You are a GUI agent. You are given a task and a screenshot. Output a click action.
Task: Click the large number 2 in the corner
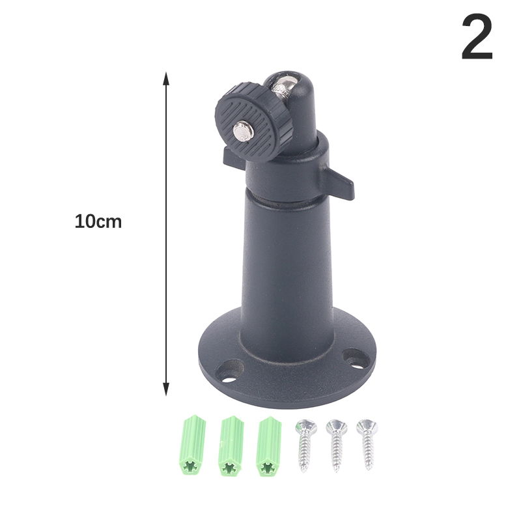477,36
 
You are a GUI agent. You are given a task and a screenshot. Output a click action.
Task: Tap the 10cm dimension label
98,221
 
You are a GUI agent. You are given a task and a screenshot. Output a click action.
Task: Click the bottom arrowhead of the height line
166,389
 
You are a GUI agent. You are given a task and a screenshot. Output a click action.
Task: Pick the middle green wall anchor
231,446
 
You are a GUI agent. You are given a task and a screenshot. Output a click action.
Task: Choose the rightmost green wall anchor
269,446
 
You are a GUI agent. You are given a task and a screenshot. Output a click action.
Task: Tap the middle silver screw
337,445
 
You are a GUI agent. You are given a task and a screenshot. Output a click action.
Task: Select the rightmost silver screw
367,444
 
